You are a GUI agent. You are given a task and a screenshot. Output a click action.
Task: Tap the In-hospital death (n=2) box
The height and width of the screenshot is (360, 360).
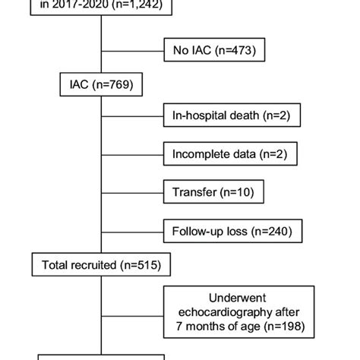point(232,117)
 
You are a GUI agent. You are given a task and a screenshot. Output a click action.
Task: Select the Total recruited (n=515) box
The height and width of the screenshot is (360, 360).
point(101,264)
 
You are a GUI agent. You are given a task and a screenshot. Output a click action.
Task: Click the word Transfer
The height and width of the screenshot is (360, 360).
point(191,192)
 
